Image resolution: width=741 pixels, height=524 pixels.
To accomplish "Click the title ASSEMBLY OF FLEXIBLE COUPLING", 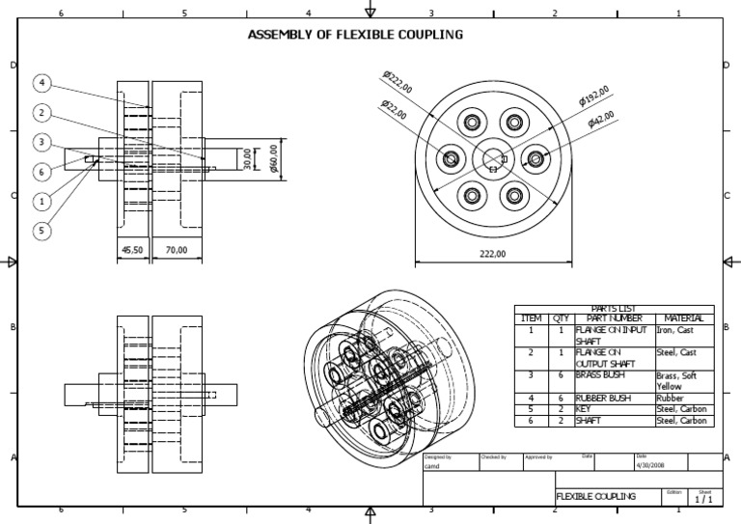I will tap(355, 35).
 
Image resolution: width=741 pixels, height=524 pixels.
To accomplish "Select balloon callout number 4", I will tap(43, 83).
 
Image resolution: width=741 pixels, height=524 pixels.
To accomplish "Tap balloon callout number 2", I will tap(43, 112).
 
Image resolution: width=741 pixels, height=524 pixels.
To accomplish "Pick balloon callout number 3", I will tap(43, 142).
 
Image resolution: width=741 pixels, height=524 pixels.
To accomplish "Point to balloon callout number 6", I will tap(43, 171).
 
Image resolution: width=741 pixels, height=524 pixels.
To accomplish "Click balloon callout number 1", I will tap(43, 201).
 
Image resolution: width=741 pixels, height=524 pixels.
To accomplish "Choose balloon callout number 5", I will tap(43, 230).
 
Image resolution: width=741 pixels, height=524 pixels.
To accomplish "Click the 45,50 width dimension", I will tap(133, 250).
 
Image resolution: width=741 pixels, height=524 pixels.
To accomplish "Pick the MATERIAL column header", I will tap(683, 318).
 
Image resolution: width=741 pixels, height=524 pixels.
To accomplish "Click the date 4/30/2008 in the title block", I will tap(651, 464).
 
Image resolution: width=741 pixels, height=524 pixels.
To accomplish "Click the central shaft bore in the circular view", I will tap(493, 157).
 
